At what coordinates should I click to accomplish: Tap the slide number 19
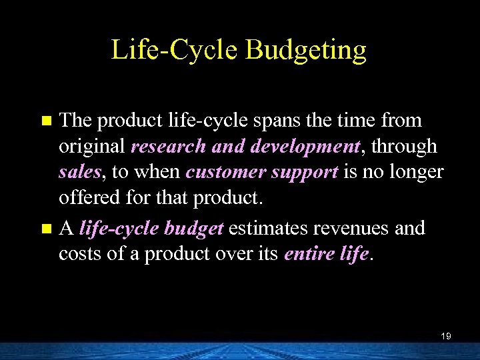coord(446,337)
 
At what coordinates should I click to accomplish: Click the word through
coord(409,146)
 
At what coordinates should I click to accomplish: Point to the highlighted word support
coord(305,172)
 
